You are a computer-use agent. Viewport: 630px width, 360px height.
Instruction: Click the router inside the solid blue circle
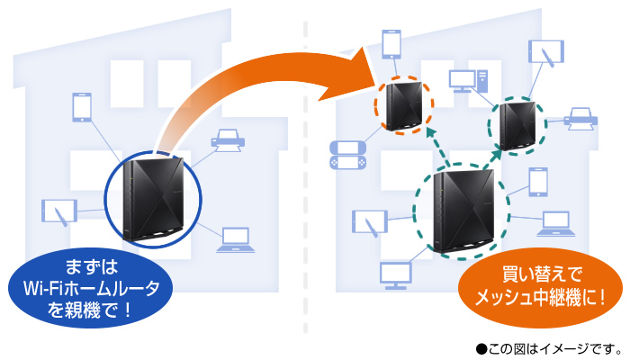coord(154,199)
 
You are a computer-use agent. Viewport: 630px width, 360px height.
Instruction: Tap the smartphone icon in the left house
coord(81,107)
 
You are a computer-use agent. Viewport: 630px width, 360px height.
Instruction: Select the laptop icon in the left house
coord(233,239)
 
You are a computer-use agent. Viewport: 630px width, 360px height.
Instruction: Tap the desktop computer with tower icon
coord(468,80)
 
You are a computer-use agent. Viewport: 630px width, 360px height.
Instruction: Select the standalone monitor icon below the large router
coord(396,274)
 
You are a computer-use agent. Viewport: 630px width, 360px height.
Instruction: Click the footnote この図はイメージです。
coord(550,346)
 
